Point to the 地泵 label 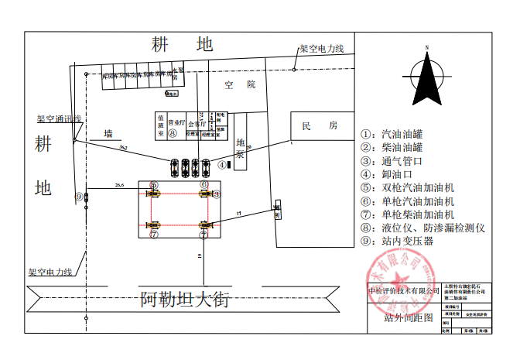241,149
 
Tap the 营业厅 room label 177,122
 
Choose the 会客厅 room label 197,122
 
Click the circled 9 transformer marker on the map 78,197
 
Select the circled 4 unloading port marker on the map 221,165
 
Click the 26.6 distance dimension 118,186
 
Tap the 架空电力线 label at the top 321,49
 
